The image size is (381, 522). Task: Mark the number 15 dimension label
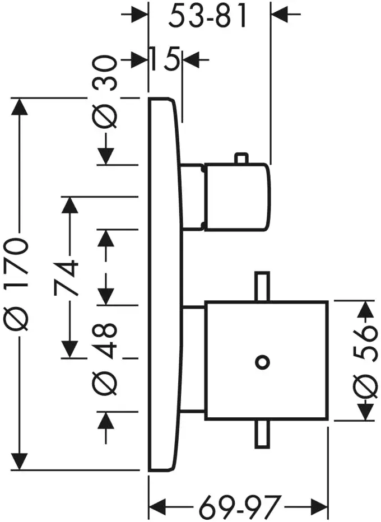[165, 58]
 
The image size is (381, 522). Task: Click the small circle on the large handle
[261, 362]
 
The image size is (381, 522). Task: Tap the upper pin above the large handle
[261, 288]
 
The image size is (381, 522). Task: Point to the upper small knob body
[238, 197]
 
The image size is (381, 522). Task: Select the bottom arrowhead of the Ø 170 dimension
[21, 460]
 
